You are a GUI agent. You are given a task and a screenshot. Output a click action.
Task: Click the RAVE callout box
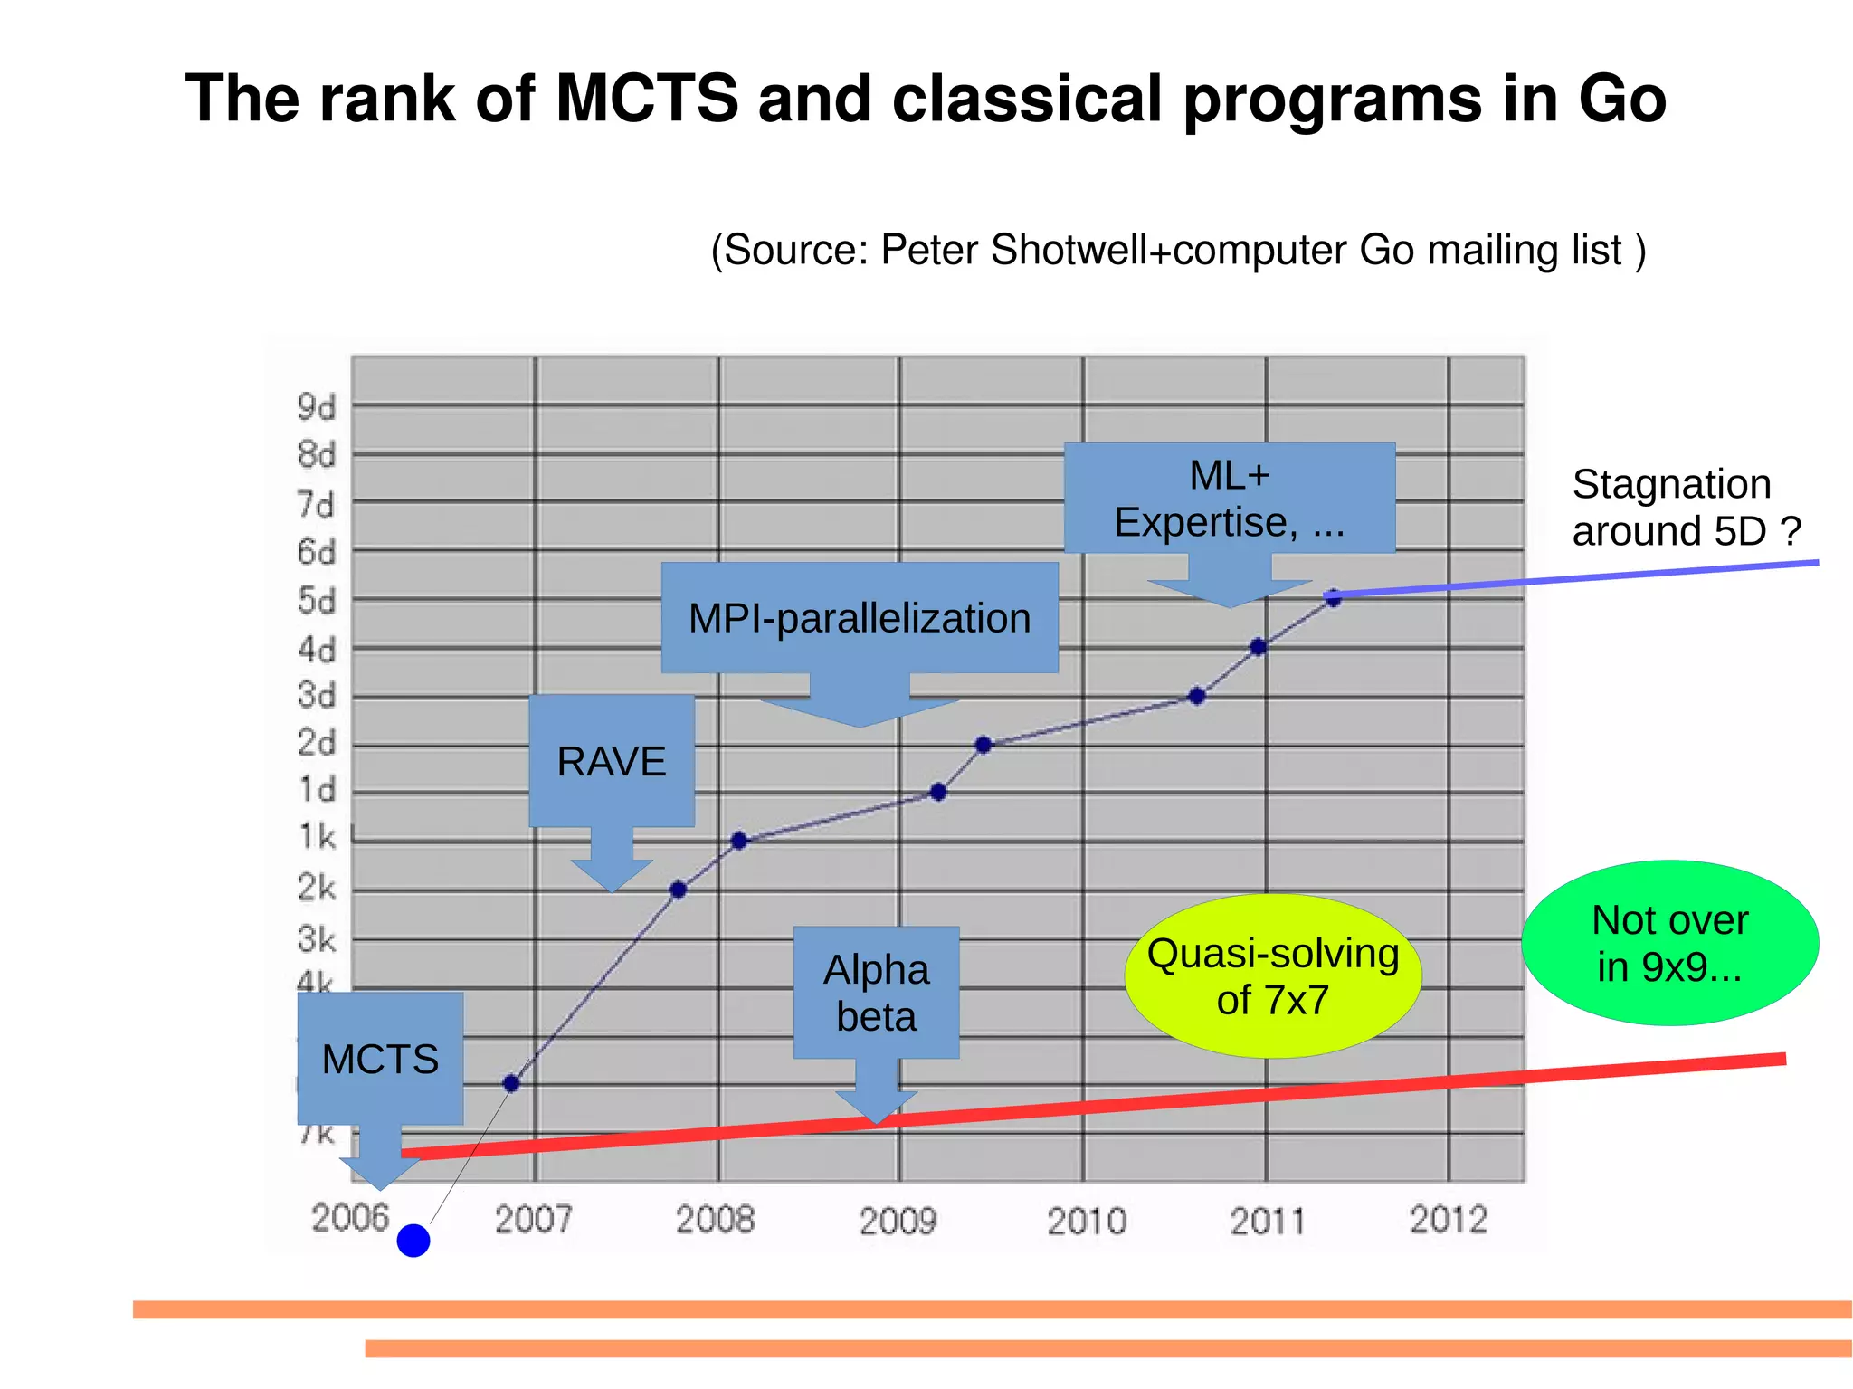point(612,761)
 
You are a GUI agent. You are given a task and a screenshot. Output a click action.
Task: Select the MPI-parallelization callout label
point(860,618)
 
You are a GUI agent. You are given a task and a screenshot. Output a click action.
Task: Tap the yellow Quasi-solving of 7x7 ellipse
point(1272,976)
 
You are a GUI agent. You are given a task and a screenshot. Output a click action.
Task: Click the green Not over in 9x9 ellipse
point(1669,943)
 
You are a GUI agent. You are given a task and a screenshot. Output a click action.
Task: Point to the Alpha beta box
point(876,993)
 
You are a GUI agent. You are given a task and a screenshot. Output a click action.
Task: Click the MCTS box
point(380,1059)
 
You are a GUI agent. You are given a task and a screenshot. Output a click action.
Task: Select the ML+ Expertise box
point(1229,498)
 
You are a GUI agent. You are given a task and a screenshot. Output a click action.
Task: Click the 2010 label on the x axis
point(1087,1222)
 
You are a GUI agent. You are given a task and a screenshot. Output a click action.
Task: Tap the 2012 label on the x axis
point(1448,1220)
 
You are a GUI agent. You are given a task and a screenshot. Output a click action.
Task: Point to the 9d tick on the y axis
point(317,407)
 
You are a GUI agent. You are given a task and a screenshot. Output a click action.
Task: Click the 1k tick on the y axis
point(317,837)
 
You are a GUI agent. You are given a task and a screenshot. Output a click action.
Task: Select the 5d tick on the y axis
point(317,601)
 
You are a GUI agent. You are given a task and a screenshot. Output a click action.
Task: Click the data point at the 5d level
point(1333,597)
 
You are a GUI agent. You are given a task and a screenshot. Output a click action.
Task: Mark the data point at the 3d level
point(1196,696)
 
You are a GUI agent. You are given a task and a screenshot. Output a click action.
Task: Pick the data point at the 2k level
point(678,890)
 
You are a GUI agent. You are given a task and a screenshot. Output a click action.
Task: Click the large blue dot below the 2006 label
point(413,1241)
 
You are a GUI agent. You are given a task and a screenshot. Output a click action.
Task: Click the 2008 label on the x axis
point(715,1220)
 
